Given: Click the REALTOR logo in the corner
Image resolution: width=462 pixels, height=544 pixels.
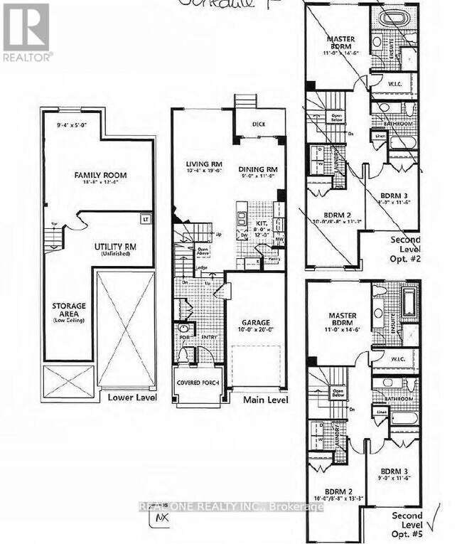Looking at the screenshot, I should (26, 32).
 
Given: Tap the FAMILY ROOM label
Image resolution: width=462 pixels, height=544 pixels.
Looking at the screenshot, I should (101, 174).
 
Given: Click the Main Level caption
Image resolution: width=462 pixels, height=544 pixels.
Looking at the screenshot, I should (265, 400).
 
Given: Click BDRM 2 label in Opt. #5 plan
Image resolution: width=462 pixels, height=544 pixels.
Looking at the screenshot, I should (336, 491).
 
